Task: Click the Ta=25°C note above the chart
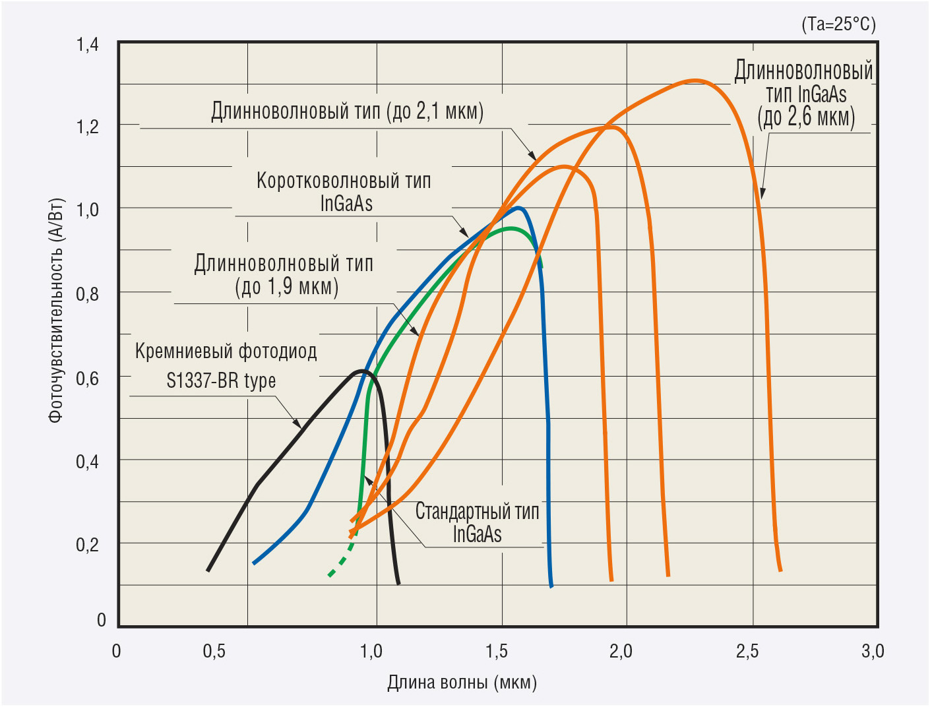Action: pos(838,24)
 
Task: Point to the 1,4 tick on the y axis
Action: pos(88,45)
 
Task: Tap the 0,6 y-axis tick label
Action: pos(88,379)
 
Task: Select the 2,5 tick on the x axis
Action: pos(747,652)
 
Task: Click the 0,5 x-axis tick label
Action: pos(214,652)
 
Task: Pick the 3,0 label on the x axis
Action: pos(872,652)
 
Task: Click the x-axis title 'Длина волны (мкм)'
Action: pos(462,682)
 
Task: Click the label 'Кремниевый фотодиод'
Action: pos(226,351)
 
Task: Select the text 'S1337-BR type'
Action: pos(221,381)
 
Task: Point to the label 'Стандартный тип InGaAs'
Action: pos(477,522)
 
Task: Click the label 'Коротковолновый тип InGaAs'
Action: pos(344,191)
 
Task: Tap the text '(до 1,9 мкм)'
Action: pos(286,287)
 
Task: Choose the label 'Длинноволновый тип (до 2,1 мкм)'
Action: pos(347,111)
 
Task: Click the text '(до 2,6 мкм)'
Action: pos(806,117)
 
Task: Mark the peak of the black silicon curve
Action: pos(363,371)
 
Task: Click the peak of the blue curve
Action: pos(520,208)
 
